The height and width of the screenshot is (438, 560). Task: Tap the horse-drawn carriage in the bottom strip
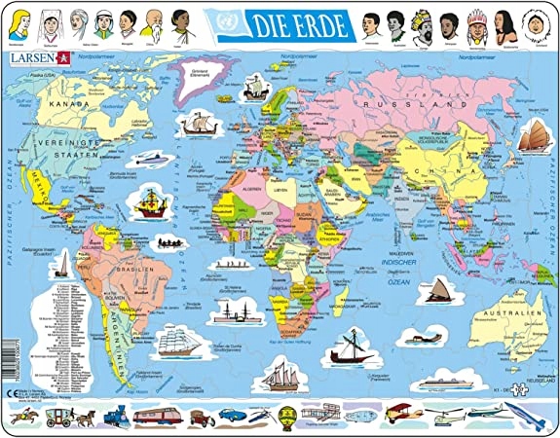tap(60, 416)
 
